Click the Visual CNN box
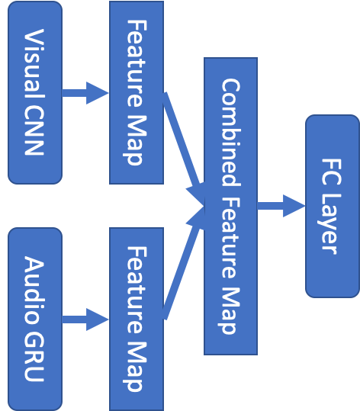(x=34, y=92)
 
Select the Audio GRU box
(x=34, y=319)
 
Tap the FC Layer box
(x=332, y=206)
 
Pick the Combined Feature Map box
(x=230, y=206)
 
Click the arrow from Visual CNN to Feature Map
(x=85, y=93)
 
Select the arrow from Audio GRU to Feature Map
(x=85, y=319)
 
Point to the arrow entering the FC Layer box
(x=281, y=206)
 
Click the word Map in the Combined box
(x=230, y=308)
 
